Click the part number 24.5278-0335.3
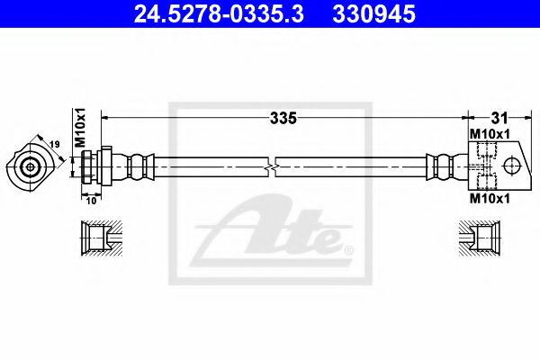(x=219, y=14)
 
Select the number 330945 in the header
(x=374, y=14)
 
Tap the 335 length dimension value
(x=283, y=118)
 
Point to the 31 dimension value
(x=499, y=118)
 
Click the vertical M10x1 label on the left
(x=80, y=128)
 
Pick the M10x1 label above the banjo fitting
(x=490, y=134)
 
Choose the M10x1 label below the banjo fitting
(x=490, y=198)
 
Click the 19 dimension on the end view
(x=54, y=144)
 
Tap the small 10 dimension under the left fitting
(x=91, y=201)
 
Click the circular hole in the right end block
(x=512, y=166)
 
